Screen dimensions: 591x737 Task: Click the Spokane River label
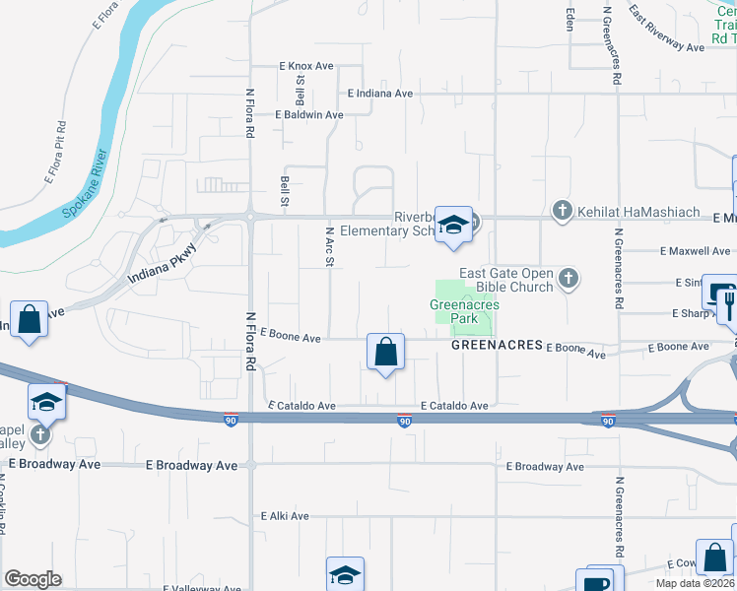click(85, 191)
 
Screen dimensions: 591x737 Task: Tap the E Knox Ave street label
click(306, 66)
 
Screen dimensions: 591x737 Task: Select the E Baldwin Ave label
click(309, 114)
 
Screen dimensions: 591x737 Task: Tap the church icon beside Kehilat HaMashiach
click(562, 210)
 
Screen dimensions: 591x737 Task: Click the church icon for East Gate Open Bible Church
click(567, 279)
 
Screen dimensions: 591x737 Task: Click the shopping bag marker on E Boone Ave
click(385, 351)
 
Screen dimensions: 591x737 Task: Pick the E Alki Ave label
click(285, 515)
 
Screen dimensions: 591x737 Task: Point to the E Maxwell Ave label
click(695, 250)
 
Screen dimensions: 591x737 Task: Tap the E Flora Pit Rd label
click(56, 153)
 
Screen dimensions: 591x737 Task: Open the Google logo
click(33, 579)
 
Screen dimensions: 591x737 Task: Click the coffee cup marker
click(598, 581)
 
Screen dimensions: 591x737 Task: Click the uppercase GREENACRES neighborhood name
click(498, 346)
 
